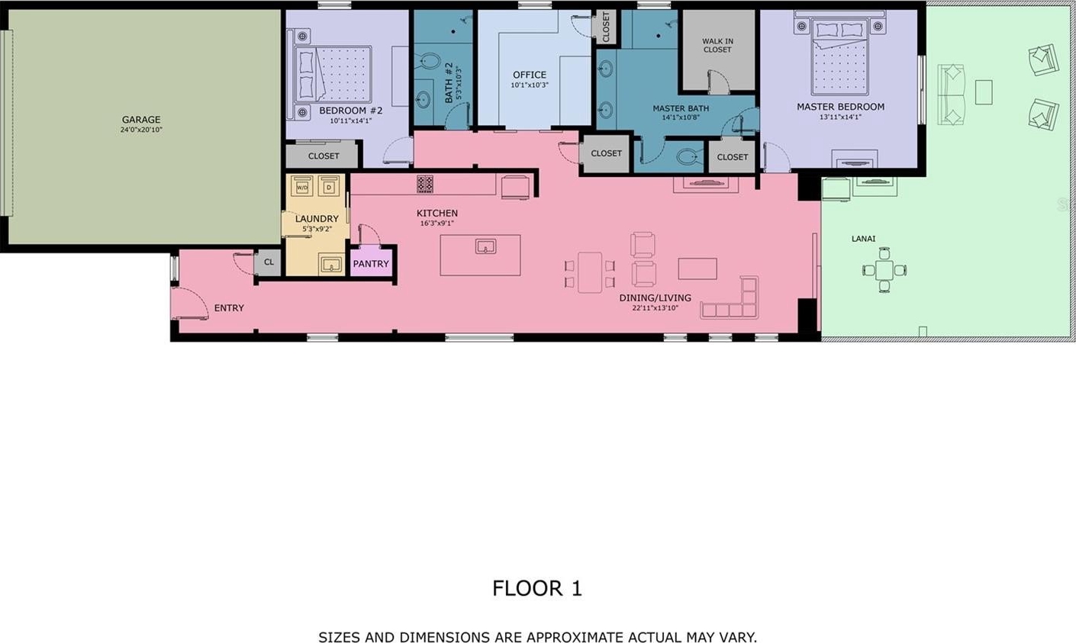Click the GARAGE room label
coord(140,120)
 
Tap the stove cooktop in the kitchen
coord(424,183)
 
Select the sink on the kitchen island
coord(485,247)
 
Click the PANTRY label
coord(370,264)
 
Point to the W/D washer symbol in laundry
coord(302,187)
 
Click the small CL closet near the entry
coord(269,262)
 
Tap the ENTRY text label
coord(229,308)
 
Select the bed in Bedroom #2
coord(333,74)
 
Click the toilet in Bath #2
coord(427,62)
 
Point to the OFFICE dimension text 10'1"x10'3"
coord(530,85)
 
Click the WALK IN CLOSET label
coord(717,45)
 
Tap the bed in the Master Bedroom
coord(840,56)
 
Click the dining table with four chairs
coord(590,273)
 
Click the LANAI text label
coord(863,238)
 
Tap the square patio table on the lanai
coord(884,270)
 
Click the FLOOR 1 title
coord(537,588)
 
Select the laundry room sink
coord(331,264)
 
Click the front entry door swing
coord(190,303)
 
